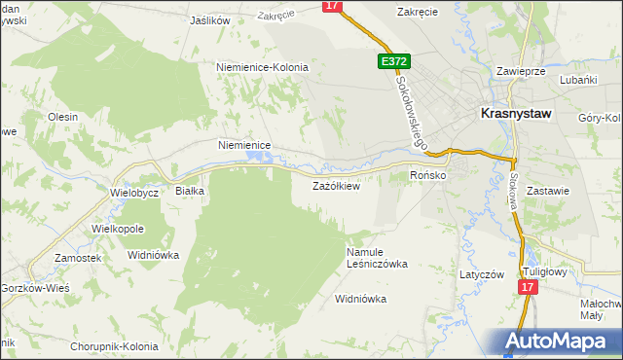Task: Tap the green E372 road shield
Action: coord(394,61)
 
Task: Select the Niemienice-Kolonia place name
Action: coord(261,67)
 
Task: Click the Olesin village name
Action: coord(62,117)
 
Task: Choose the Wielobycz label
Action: coord(134,192)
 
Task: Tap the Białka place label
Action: coord(189,191)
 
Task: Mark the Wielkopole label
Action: coord(118,228)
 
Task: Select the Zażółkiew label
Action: coord(336,185)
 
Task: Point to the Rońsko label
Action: coord(427,175)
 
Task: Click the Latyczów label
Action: coord(482,274)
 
